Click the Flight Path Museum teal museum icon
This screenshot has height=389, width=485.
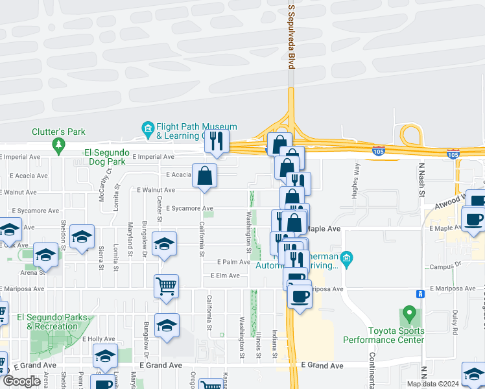tap(147, 128)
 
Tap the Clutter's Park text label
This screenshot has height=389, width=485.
tap(58, 132)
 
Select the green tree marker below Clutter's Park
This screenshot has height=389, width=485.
tap(58, 144)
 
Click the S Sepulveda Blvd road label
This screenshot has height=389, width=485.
tap(291, 36)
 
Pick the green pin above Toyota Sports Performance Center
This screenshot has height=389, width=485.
tap(408, 314)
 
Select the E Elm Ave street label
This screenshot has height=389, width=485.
tap(224, 276)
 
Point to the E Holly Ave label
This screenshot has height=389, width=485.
tap(99, 339)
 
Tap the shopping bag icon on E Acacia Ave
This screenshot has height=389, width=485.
tap(205, 175)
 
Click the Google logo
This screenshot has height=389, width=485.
tap(21, 381)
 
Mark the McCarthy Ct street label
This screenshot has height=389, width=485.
tap(105, 185)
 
